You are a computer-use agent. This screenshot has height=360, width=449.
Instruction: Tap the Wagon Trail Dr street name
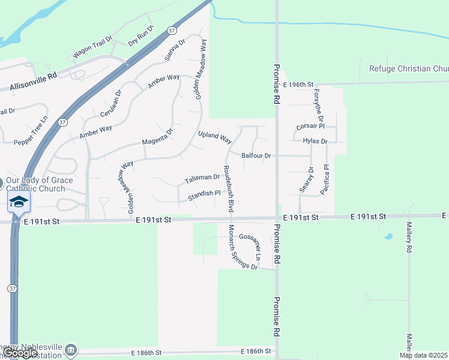[x=92, y=46]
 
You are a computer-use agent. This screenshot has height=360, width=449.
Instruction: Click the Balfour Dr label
[x=257, y=155]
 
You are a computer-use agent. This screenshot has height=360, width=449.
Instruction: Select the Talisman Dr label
[x=202, y=178]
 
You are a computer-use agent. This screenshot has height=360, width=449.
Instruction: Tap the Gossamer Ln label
[x=250, y=246]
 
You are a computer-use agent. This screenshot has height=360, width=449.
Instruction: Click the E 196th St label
[x=299, y=85]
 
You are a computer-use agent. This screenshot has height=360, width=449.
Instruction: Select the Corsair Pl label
[x=310, y=127]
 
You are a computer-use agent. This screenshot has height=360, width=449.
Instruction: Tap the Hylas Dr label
[x=315, y=141]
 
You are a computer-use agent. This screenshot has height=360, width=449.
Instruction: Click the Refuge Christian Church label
[x=408, y=68]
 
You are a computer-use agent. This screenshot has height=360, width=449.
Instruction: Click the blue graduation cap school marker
[x=19, y=202]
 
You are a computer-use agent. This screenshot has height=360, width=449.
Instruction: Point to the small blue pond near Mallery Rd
[x=388, y=236]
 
